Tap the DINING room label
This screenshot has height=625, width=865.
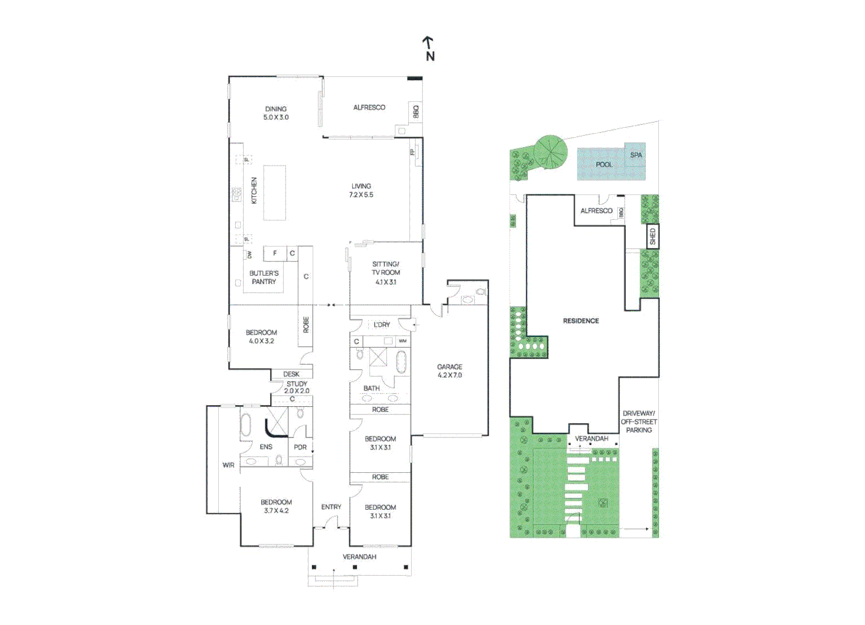click(276, 113)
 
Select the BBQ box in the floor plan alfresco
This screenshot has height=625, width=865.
click(415, 111)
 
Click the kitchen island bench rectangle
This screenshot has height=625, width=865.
click(274, 193)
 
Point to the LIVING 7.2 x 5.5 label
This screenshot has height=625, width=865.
click(361, 190)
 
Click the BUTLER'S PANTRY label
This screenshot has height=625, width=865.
click(264, 277)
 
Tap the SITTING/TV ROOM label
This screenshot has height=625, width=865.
click(386, 273)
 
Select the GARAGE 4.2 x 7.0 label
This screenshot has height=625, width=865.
click(449, 371)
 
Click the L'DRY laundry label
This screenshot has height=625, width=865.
click(382, 325)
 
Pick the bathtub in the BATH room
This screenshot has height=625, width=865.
click(401, 363)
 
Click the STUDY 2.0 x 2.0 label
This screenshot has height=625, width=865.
click(296, 387)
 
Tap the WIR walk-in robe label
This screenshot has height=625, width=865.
click(228, 465)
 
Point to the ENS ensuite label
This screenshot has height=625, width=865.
click(266, 447)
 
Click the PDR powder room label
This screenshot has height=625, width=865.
click(300, 447)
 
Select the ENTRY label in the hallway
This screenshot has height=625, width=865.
click(331, 507)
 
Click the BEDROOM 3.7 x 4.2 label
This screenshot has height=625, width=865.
click(276, 506)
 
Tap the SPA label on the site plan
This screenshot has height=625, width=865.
click(636, 155)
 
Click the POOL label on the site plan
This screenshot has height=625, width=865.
click(604, 164)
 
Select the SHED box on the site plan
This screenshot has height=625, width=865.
click(653, 236)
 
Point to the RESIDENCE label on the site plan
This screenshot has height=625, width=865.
click(581, 321)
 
